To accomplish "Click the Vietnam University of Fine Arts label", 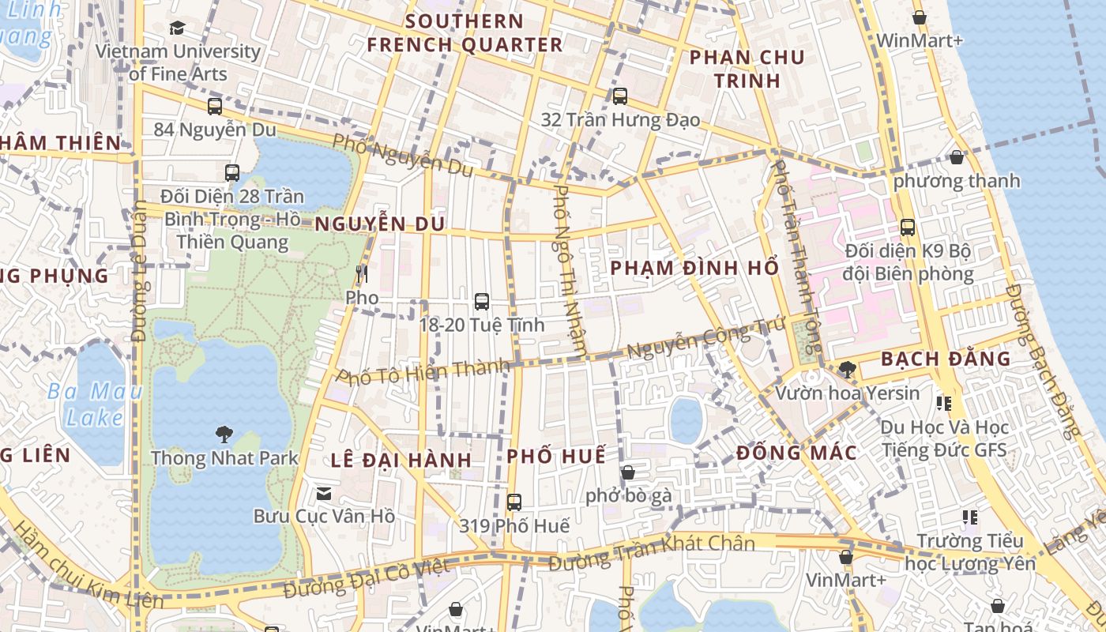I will coord(178,62).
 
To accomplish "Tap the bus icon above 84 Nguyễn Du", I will coord(215,107).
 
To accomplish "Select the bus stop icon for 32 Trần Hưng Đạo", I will coord(620,96).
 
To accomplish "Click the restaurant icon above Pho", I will coord(362,274).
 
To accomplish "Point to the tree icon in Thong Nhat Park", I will coord(224,433).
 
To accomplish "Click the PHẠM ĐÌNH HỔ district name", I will coord(694,268).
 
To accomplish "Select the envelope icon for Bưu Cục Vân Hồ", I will coord(324,494).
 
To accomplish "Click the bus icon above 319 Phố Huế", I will coord(514,502).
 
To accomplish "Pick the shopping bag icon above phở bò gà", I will coord(628,472).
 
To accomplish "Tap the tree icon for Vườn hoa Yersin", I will coord(847,369).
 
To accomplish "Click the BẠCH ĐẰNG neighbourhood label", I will coord(946,359).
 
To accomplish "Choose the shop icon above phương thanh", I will coord(957,157).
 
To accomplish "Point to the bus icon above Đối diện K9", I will coord(908,228).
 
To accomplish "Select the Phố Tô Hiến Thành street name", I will coord(423,371).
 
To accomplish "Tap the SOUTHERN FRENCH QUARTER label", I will coord(465,33).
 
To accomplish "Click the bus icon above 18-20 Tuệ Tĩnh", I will coord(482,301).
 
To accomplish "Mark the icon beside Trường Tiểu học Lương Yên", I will coord(970,517).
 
